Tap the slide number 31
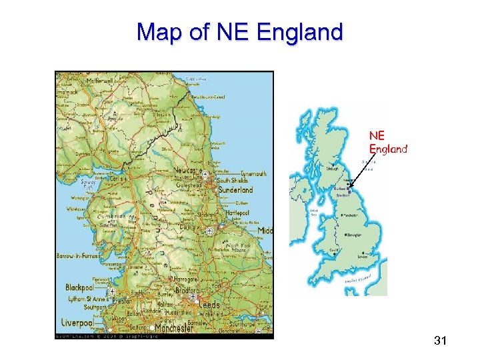coord(440,341)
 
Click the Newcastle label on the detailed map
coord(186,171)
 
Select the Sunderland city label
coord(235,190)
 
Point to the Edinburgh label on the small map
coord(332,169)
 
